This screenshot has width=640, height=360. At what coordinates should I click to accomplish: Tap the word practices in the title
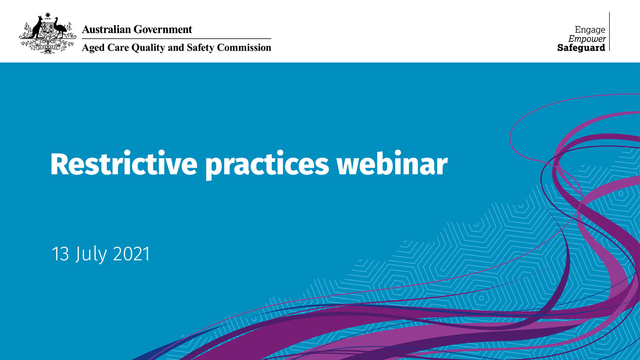pos(267,165)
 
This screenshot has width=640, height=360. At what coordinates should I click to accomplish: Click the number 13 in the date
pos(60,254)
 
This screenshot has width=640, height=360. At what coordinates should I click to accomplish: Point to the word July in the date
pos(91,254)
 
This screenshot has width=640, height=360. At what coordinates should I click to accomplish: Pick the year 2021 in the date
pos(132,254)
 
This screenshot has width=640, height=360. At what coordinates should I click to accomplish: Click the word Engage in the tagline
pos(590,30)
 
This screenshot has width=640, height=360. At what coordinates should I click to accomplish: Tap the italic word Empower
pos(587,39)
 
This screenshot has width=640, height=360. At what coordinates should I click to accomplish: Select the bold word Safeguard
pos(581,48)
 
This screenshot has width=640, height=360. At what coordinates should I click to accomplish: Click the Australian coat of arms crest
pos(48,33)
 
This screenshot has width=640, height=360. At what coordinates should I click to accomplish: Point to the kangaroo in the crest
pos(37,27)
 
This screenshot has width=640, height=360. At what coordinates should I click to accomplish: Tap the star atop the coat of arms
pos(48,15)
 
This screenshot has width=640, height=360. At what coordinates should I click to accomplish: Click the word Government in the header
pos(163,29)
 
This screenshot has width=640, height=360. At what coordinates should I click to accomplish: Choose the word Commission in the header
pos(244,47)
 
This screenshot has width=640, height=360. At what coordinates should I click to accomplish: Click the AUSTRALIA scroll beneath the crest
pos(48,47)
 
